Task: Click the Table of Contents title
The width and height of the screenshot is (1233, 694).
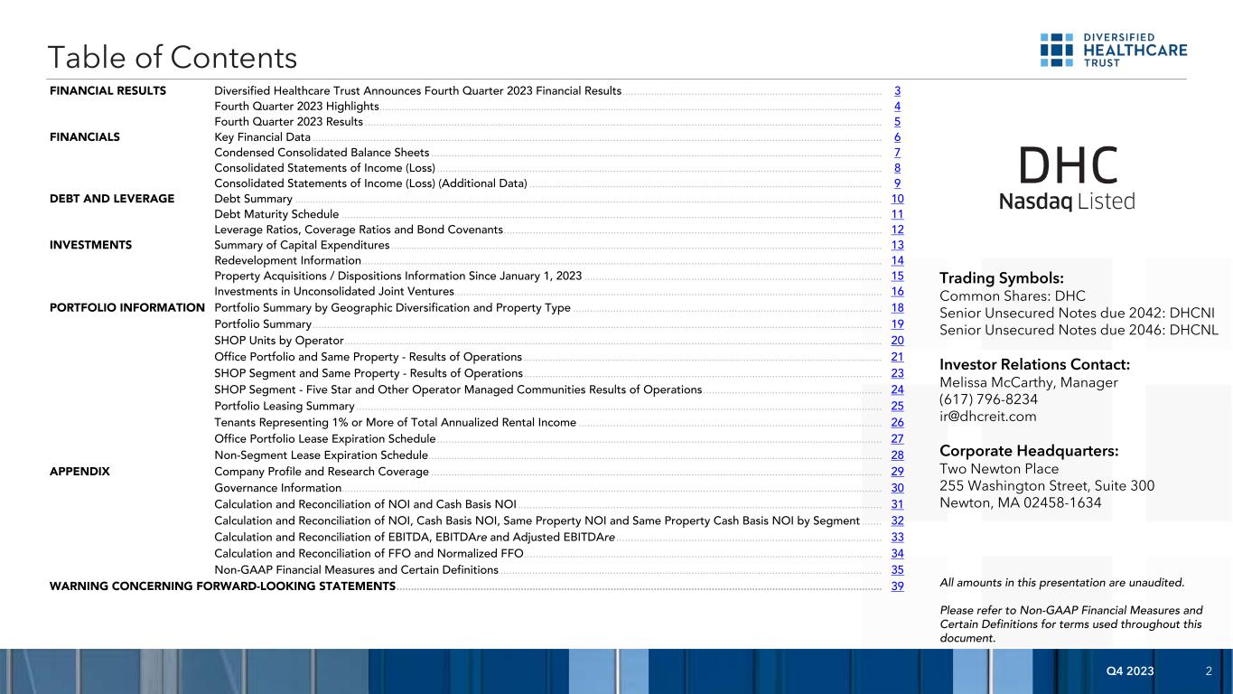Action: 173,58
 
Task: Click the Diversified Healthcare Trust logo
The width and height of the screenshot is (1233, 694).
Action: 1113,50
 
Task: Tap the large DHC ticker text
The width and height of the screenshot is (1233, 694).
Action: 1068,165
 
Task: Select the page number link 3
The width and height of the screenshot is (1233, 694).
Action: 897,91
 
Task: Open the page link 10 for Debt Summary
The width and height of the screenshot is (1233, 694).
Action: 897,199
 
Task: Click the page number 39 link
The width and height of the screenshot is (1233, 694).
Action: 897,587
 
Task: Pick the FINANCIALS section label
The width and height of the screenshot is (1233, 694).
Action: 85,137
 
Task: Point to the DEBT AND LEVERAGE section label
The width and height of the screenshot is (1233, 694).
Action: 112,199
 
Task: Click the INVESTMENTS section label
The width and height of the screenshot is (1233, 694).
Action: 91,245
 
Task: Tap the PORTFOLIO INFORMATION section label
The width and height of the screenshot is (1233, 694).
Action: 127,308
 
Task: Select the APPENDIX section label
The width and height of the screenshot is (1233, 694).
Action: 79,472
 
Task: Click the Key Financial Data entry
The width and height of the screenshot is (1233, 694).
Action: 262,137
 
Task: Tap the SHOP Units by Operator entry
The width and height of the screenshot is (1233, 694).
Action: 278,341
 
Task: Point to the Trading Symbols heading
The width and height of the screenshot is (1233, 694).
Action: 1002,278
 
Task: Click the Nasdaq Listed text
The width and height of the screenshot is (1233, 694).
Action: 1067,202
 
